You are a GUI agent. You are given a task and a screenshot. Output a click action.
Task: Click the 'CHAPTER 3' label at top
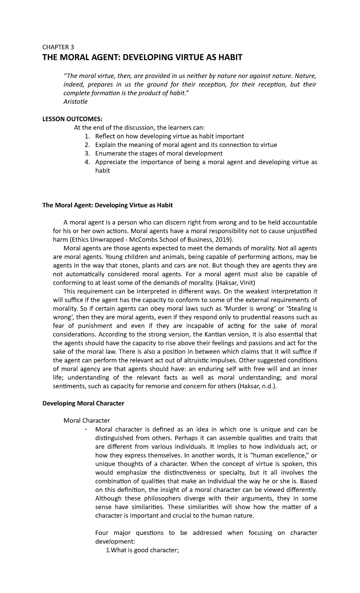click(x=58, y=47)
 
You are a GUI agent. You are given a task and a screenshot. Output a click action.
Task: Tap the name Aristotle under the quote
click(x=76, y=101)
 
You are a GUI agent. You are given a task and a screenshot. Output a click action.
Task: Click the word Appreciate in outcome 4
click(x=111, y=162)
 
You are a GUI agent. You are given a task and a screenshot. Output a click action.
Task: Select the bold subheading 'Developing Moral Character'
click(x=83, y=403)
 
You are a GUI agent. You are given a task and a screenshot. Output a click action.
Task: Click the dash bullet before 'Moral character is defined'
click(x=86, y=429)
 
